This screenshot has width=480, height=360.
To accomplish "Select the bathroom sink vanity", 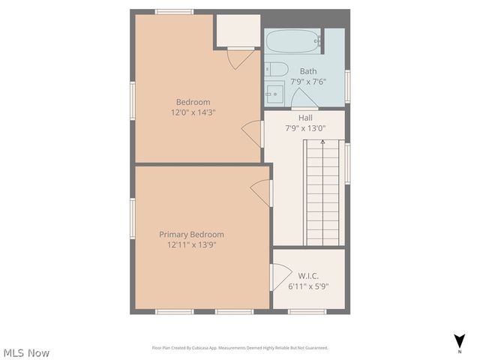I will click(x=274, y=93).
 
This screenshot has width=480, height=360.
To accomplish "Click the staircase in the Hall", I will click(x=323, y=193).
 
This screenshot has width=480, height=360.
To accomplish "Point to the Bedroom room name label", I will click(x=193, y=102).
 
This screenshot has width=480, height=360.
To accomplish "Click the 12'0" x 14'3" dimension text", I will click(x=193, y=112).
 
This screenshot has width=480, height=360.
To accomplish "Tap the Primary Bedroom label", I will click(x=191, y=234).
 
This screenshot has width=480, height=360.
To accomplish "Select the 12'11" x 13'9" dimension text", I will click(x=191, y=244).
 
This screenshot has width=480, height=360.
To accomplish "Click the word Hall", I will click(x=305, y=118).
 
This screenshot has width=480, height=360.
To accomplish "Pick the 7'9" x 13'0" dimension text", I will click(x=305, y=128).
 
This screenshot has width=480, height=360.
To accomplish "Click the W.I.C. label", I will click(x=308, y=275).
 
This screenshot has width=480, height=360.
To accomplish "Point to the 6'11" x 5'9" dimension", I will click(x=308, y=286).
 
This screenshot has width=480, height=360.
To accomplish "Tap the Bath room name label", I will click(x=308, y=71).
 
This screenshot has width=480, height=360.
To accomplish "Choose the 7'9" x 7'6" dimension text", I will click(x=308, y=82).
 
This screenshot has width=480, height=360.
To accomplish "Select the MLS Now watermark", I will click(x=26, y=352).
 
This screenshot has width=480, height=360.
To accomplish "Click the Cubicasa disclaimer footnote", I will click(x=240, y=348).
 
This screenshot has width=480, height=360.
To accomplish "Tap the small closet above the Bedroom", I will click(x=238, y=30).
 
